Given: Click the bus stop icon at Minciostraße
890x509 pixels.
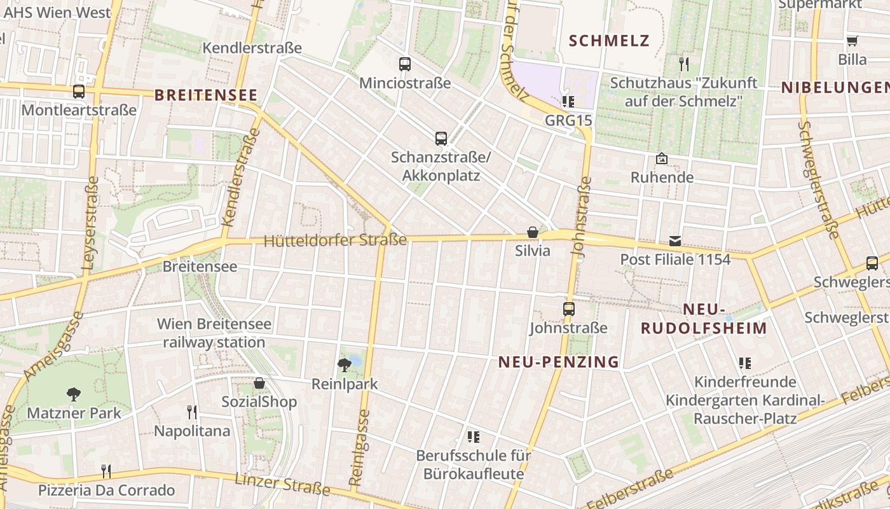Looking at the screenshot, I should tap(405, 64).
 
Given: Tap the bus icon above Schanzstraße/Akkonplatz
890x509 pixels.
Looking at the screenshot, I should tap(441, 138).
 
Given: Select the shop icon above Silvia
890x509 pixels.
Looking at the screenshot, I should tap(533, 232).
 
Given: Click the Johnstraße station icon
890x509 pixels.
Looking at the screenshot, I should tap(569, 309).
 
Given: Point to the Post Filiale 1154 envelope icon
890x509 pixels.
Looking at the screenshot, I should tap(674, 241).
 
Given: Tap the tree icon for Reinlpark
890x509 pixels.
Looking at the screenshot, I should tap(345, 365).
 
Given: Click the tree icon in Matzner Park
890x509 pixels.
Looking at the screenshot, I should tap(74, 394).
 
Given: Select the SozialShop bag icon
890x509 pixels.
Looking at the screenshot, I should tap(259, 383).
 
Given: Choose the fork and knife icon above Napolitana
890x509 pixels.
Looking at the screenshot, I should tap(192, 412).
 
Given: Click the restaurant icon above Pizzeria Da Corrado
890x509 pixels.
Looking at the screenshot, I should tap(106, 471).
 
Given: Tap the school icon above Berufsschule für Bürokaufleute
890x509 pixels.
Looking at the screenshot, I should tap(473, 436).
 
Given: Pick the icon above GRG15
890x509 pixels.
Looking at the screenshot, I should tap(568, 101).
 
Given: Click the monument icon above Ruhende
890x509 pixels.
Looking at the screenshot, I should tap(662, 158).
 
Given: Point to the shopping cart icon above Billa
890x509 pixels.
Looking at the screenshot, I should tap(852, 41).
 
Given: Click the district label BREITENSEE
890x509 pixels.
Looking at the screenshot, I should tap(207, 95).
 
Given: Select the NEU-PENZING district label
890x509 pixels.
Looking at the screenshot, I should tap(559, 362).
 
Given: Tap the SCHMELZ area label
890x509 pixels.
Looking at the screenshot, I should tap(609, 41).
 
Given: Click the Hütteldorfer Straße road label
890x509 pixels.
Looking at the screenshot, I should tap(335, 241).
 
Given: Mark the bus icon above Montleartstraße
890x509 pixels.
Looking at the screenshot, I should tap(79, 91).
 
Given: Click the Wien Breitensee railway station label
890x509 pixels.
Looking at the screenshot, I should tap(214, 333).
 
